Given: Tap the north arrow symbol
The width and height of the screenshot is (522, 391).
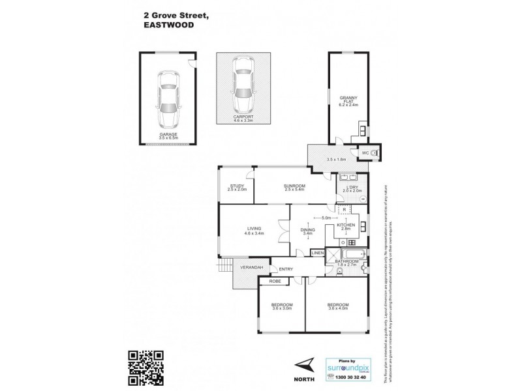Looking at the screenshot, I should [303, 365].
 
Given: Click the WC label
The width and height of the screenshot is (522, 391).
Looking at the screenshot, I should [365, 152].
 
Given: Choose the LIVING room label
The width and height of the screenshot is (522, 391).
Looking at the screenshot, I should [254, 228].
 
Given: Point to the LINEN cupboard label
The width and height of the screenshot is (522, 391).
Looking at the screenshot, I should [318, 252].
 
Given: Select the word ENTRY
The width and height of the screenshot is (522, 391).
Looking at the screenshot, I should [286, 269].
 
